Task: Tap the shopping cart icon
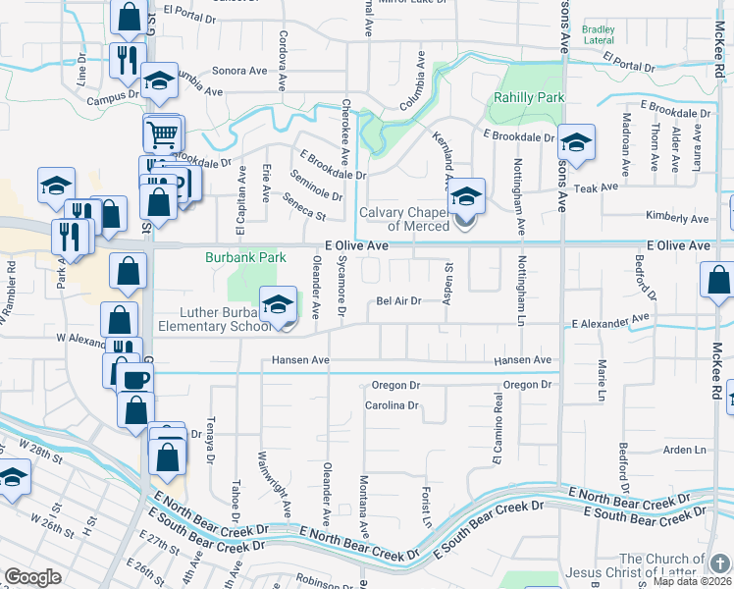(x=163, y=133)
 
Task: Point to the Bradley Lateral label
(x=598, y=36)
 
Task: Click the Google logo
(x=32, y=577)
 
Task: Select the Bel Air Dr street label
(x=398, y=301)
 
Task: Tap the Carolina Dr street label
(x=392, y=405)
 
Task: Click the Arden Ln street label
(x=684, y=450)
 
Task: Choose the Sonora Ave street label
(x=239, y=71)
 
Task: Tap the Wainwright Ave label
(x=261, y=484)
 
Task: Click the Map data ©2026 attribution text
(x=692, y=581)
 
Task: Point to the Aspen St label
(x=447, y=283)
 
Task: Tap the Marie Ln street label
(x=601, y=380)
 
